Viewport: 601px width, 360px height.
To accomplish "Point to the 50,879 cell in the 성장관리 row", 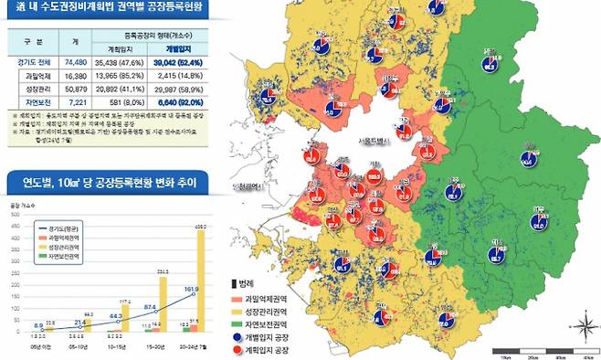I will pyautogui.click(x=76, y=90).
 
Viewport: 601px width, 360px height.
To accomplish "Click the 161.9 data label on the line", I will pyautogui.click(x=191, y=290).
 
